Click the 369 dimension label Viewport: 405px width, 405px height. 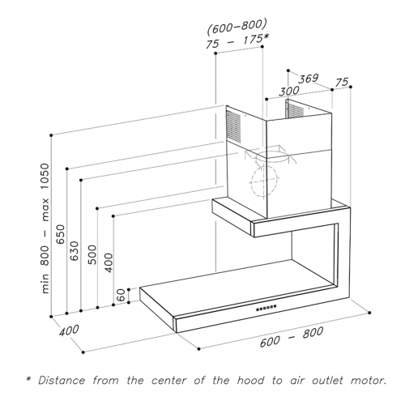coord(309,79)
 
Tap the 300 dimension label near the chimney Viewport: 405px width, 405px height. coord(288,91)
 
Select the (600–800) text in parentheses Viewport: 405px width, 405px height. coord(237,27)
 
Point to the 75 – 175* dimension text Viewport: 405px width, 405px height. coord(237,41)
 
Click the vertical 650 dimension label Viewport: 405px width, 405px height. coord(61,234)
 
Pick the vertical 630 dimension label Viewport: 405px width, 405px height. coord(75,251)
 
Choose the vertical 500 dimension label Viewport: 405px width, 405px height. coord(92,254)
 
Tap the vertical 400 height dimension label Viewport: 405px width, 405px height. coord(108,262)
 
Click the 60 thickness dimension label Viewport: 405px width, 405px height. coord(122,295)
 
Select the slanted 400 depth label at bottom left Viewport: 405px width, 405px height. coord(69,330)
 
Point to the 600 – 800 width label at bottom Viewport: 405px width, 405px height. coord(292,337)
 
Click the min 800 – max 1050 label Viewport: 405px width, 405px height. coord(45,228)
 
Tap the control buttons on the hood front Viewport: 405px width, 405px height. coord(266,308)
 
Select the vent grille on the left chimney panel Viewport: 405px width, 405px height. coord(233,126)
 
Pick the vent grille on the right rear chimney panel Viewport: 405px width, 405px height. coord(296,110)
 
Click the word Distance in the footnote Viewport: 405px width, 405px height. coord(62,381)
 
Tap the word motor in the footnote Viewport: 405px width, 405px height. coord(369,381)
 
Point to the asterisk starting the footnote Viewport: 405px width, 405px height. coord(28,379)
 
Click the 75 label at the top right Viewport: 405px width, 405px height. coord(342,83)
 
